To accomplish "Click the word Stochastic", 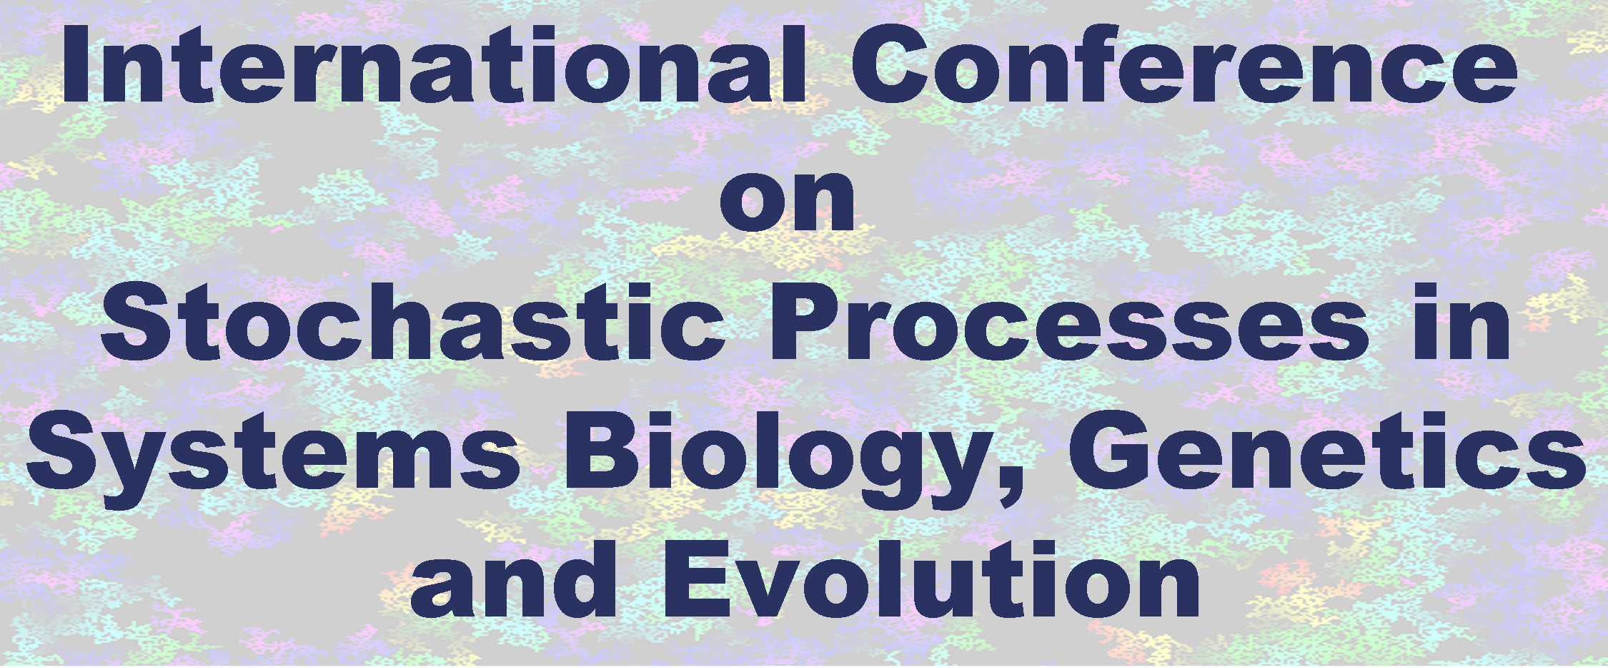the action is (x=413, y=321).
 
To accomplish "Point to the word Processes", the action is (x=1068, y=321).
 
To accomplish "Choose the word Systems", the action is (x=273, y=459).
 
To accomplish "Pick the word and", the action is (x=513, y=581).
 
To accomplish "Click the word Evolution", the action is (x=932, y=581).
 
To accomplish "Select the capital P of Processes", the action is (x=804, y=321).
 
